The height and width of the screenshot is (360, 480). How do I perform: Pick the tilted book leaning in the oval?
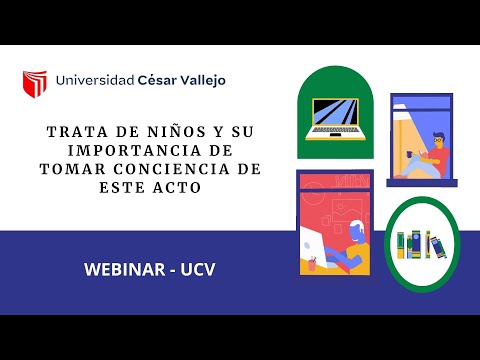point(437,245)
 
